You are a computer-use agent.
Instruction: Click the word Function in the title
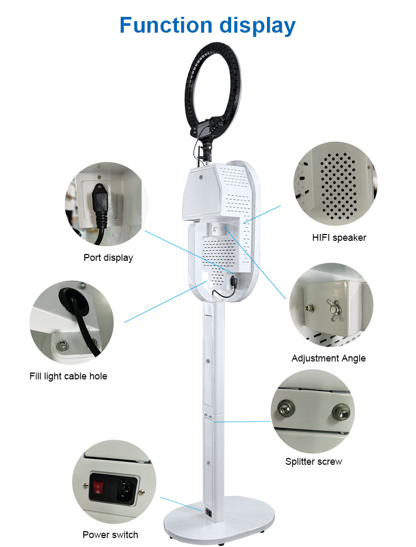click(166, 25)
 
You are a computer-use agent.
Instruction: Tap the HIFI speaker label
click(339, 238)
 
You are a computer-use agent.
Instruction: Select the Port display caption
click(108, 258)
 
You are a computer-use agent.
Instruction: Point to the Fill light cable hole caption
click(68, 376)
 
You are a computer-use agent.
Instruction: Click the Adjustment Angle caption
click(329, 359)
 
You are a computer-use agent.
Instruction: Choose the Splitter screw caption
click(313, 462)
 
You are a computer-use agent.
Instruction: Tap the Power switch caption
click(110, 535)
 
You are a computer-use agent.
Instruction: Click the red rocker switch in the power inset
click(98, 487)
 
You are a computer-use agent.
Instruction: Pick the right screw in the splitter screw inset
click(341, 412)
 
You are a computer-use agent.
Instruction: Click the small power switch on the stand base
click(208, 512)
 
